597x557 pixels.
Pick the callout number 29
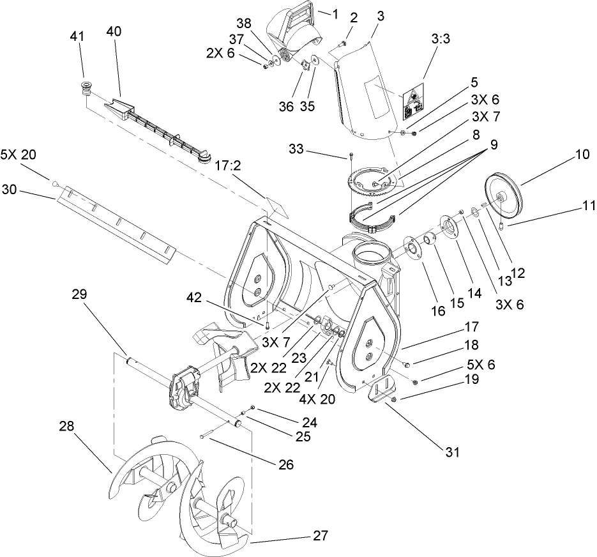pos(79,294)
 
